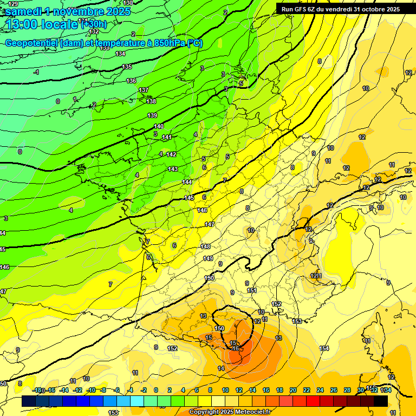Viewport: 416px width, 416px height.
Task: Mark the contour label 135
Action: pos(127,67)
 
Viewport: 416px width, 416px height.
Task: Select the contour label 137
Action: pos(144,90)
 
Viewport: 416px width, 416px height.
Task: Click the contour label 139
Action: pos(152,115)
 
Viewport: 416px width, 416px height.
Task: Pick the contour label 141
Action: pos(167,137)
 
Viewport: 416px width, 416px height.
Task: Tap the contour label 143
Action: pos(173,170)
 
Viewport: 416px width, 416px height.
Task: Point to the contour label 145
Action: pos(189,198)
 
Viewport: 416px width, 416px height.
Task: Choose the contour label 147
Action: pos(210,224)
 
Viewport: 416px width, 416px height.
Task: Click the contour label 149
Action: pos(207,258)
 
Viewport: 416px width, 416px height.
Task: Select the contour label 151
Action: pos(251,290)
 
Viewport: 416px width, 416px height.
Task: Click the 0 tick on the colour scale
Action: pos(156,390)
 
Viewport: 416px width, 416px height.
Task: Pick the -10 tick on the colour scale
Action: pos(92,390)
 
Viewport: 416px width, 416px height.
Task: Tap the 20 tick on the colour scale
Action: pos(293,390)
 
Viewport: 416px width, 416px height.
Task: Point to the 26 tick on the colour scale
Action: pos(334,390)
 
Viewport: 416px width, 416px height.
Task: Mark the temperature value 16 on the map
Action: pos(236,348)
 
